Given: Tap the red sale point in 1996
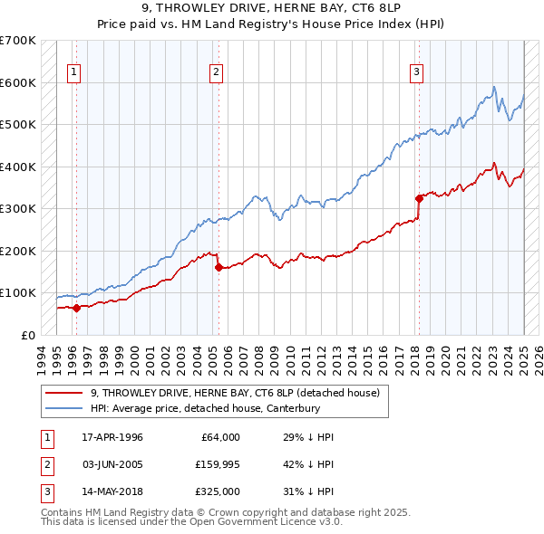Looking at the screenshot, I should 76,308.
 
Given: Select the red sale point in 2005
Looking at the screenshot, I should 219,267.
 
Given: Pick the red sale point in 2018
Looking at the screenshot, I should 419,198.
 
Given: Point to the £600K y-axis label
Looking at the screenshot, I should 17,82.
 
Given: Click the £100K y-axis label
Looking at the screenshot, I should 17,293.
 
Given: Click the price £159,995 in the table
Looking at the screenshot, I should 216,464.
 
